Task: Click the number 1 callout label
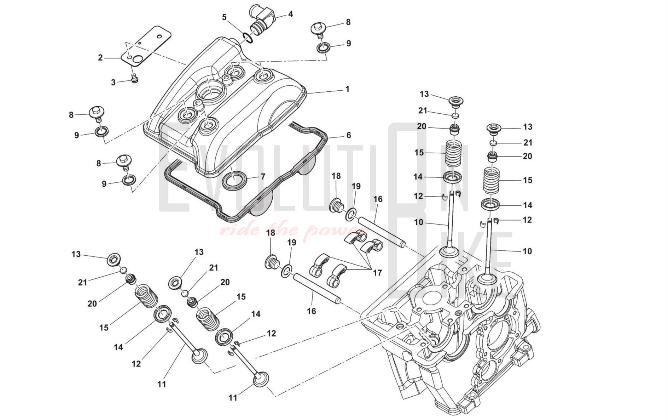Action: click(347, 89)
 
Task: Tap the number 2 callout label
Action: click(100, 57)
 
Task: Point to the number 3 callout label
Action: click(113, 83)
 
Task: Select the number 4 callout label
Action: click(290, 14)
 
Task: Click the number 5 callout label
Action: click(224, 17)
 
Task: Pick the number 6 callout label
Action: click(349, 135)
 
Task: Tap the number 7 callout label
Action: click(263, 176)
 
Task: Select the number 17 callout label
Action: click(377, 273)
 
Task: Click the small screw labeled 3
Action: click(134, 78)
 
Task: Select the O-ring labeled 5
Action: click(248, 37)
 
